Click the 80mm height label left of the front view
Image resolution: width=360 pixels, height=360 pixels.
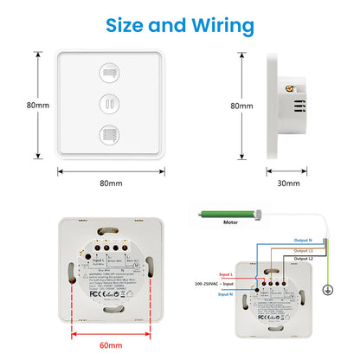[x=36, y=105]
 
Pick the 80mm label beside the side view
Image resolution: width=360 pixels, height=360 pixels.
[x=241, y=106]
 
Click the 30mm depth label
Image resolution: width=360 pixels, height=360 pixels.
[x=288, y=183]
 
